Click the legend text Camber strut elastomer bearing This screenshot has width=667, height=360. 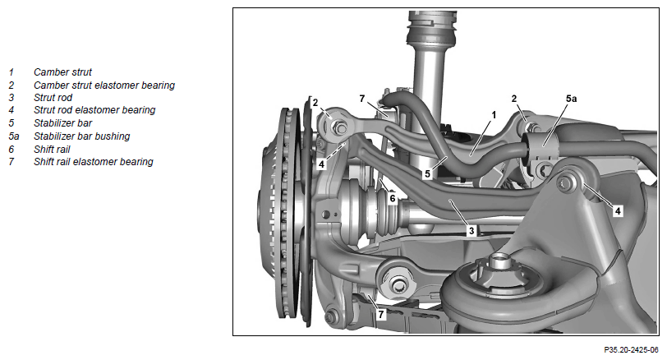pos(104,85)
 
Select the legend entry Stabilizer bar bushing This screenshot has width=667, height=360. pos(81,136)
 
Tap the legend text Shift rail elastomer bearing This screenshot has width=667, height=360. pos(93,162)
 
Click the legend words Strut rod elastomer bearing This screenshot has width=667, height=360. pos(94,110)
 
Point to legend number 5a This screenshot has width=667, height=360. pos(14,136)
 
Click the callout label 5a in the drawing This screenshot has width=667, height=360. pos(571,99)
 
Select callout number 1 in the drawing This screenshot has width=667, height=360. pos(494,115)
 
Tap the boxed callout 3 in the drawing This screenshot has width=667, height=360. pos(471,231)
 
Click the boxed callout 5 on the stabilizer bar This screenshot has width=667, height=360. pos(427,173)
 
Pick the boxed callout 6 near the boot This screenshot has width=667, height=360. pos(392,198)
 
